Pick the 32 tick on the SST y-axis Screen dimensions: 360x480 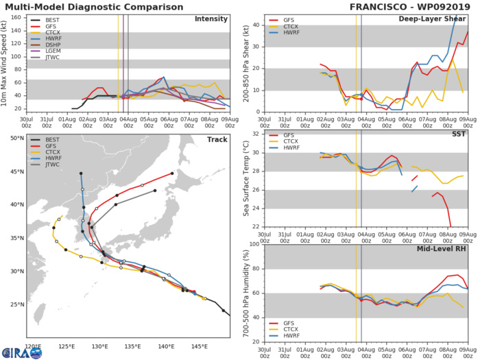tap(256, 133)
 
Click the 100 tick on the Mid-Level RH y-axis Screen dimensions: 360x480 tap(255, 244)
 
